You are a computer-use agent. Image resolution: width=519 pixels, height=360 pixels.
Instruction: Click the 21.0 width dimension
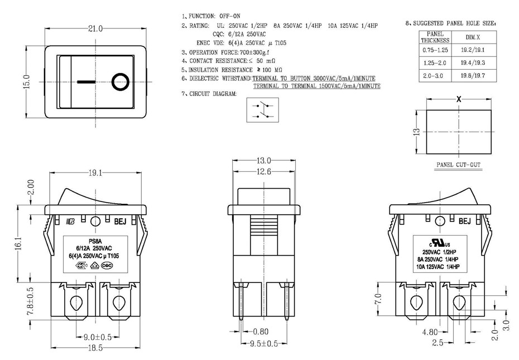[x=95, y=28]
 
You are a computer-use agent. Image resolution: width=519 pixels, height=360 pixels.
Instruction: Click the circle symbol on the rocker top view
[x=120, y=81]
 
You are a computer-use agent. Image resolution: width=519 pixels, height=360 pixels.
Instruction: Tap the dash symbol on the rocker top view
[x=86, y=81]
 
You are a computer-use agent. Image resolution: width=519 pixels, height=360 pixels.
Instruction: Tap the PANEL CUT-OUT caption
[x=458, y=166]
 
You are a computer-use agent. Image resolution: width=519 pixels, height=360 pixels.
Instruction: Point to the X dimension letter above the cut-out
[x=459, y=98]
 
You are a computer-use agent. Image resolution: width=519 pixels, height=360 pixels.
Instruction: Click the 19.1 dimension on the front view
[x=95, y=173]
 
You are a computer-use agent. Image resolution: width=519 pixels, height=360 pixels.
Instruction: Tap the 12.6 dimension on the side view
[x=264, y=171]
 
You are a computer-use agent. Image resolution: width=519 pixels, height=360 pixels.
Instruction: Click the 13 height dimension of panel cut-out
[x=415, y=132]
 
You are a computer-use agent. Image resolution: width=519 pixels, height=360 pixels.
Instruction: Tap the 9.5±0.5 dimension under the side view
[x=264, y=344]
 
